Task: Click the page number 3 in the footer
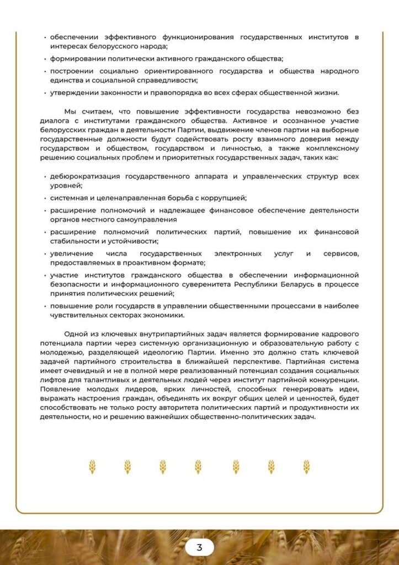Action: click(x=199, y=547)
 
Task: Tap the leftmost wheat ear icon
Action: click(x=92, y=467)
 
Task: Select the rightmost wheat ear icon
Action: click(x=306, y=467)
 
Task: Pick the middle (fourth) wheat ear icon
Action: click(x=198, y=467)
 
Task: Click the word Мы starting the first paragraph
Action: click(x=71, y=111)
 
